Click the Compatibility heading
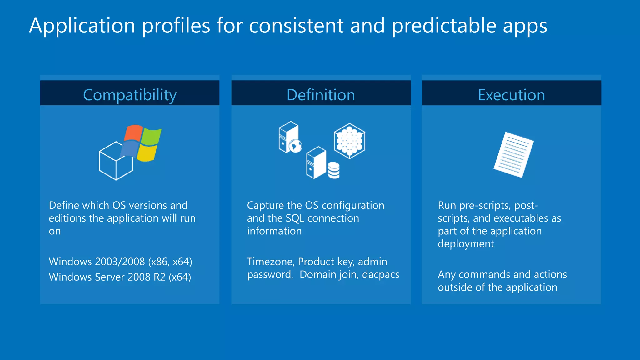(x=130, y=95)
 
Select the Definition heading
(x=321, y=95)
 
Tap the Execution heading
(x=511, y=95)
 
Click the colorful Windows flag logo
(x=142, y=143)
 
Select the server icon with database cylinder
(x=322, y=163)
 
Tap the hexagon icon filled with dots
(x=349, y=141)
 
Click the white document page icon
(x=513, y=155)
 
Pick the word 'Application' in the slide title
(x=82, y=26)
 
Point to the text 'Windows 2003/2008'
(x=97, y=262)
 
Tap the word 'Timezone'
(x=271, y=262)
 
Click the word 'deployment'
(x=466, y=244)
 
